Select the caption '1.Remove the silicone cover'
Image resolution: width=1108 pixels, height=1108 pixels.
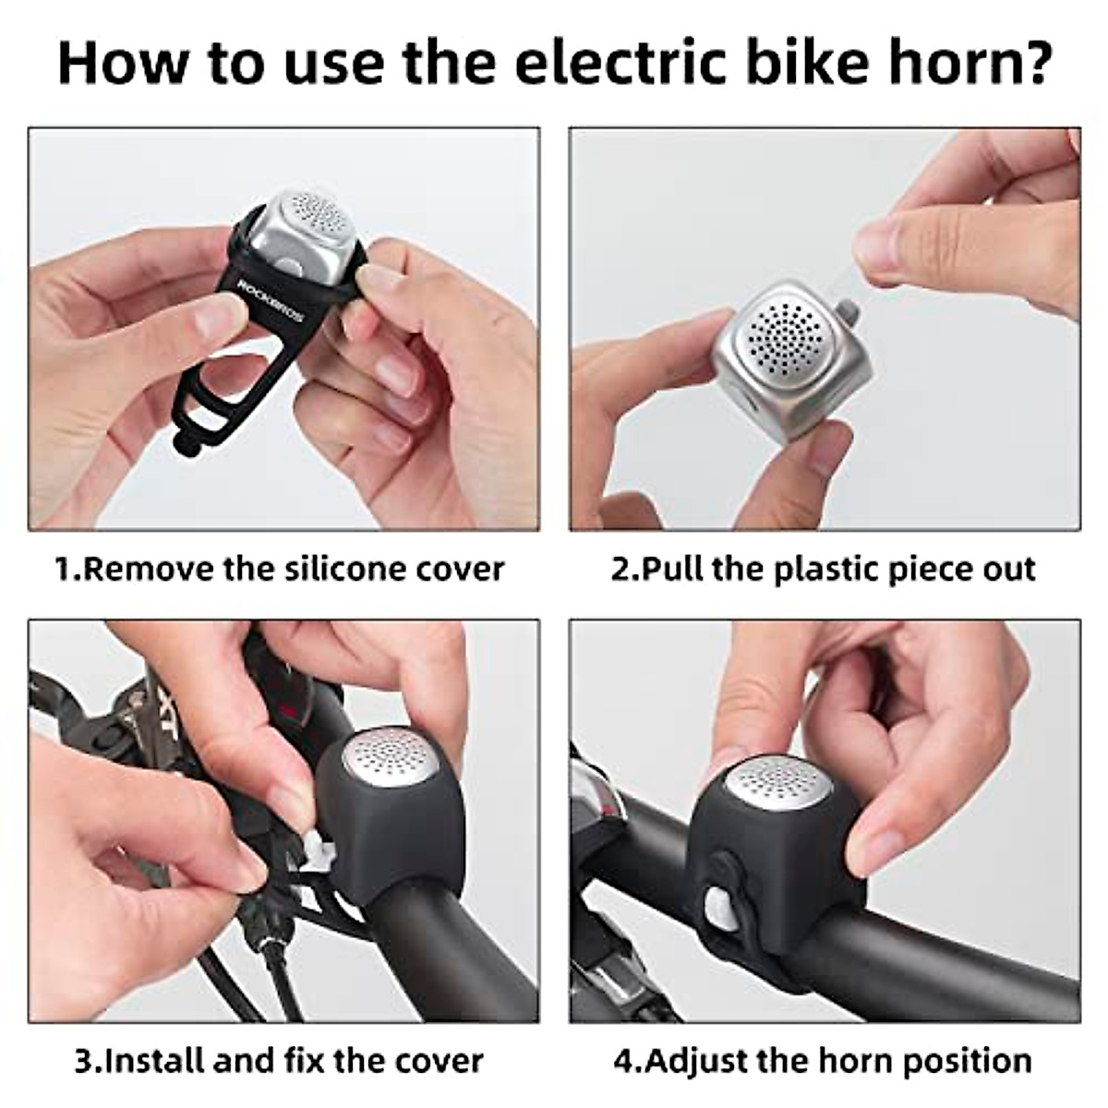[278, 569]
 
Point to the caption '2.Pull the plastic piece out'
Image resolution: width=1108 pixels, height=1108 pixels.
[824, 569]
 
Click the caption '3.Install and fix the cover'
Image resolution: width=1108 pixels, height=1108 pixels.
[278, 1060]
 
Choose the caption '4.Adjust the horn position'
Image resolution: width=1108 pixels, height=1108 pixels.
[824, 1060]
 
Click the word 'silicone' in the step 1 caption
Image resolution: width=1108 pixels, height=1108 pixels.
[345, 569]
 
